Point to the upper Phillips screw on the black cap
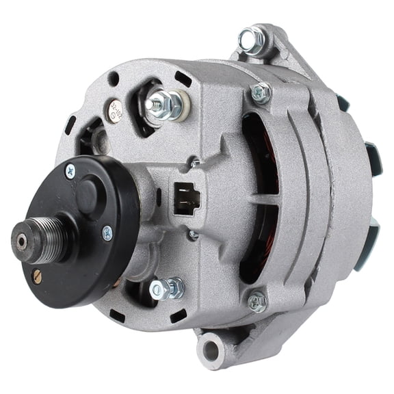70,170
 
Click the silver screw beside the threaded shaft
107,233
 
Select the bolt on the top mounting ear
252,39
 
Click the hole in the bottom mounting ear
209,352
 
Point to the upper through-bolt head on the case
260,92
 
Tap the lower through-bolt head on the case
257,300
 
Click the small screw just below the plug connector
194,235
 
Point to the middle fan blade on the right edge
373,159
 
